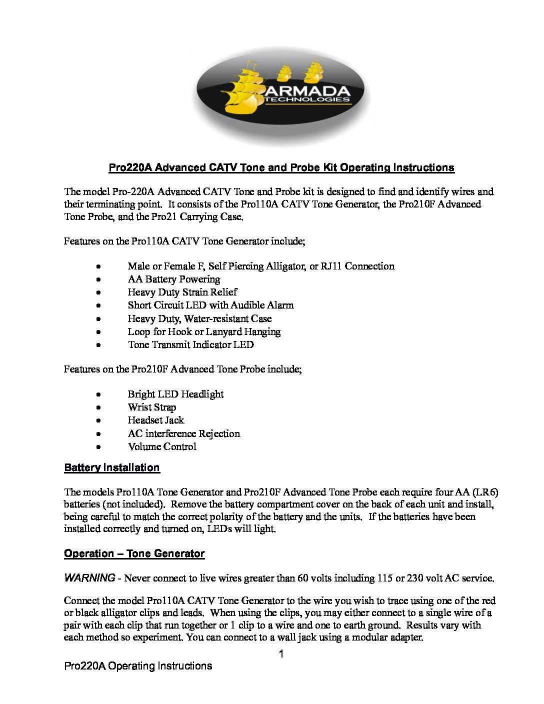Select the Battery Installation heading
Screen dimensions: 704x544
click(111, 468)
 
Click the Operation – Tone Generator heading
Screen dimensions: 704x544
click(134, 553)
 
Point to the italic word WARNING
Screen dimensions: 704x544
click(89, 578)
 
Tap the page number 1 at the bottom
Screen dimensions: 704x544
click(281, 654)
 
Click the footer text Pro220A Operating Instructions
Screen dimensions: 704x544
click(138, 666)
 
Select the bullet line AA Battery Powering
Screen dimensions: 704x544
click(173, 279)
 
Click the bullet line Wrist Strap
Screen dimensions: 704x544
click(151, 407)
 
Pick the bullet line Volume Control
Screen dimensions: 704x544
click(162, 446)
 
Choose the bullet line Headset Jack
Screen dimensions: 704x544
click(155, 420)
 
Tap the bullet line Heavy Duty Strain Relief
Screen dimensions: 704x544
click(182, 292)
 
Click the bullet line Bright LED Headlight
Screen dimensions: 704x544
click(175, 394)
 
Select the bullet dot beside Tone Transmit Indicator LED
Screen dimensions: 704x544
click(99, 345)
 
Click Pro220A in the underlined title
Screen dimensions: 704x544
click(130, 167)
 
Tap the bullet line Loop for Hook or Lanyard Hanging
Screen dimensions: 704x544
click(204, 331)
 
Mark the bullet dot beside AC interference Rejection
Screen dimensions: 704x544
click(99, 434)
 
